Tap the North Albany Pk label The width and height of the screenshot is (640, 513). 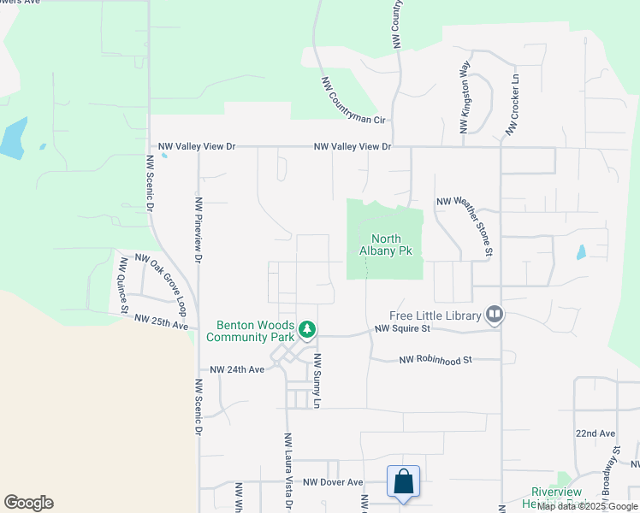393,245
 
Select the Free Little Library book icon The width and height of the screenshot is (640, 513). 494,315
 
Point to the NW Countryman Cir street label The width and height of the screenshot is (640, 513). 353,101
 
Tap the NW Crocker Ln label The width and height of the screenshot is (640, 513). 512,103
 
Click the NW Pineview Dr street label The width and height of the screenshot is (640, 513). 198,228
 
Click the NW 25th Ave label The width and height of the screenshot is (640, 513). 161,323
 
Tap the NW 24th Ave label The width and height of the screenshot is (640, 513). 238,370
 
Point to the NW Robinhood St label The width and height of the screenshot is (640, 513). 436,361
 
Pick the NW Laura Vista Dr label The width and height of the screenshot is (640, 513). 287,470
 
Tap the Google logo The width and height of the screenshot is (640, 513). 28,503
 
